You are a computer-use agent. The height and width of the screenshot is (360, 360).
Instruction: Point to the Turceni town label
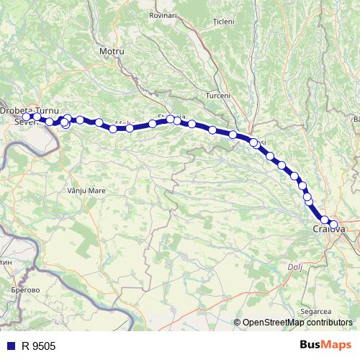217,96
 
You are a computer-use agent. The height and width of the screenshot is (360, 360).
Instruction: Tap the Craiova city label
330,230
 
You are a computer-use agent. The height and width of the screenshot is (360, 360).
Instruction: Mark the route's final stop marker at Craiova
333,225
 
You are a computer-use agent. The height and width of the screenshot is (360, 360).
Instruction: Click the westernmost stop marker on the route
27,117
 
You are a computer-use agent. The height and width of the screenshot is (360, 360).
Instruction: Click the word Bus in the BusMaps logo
312,346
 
